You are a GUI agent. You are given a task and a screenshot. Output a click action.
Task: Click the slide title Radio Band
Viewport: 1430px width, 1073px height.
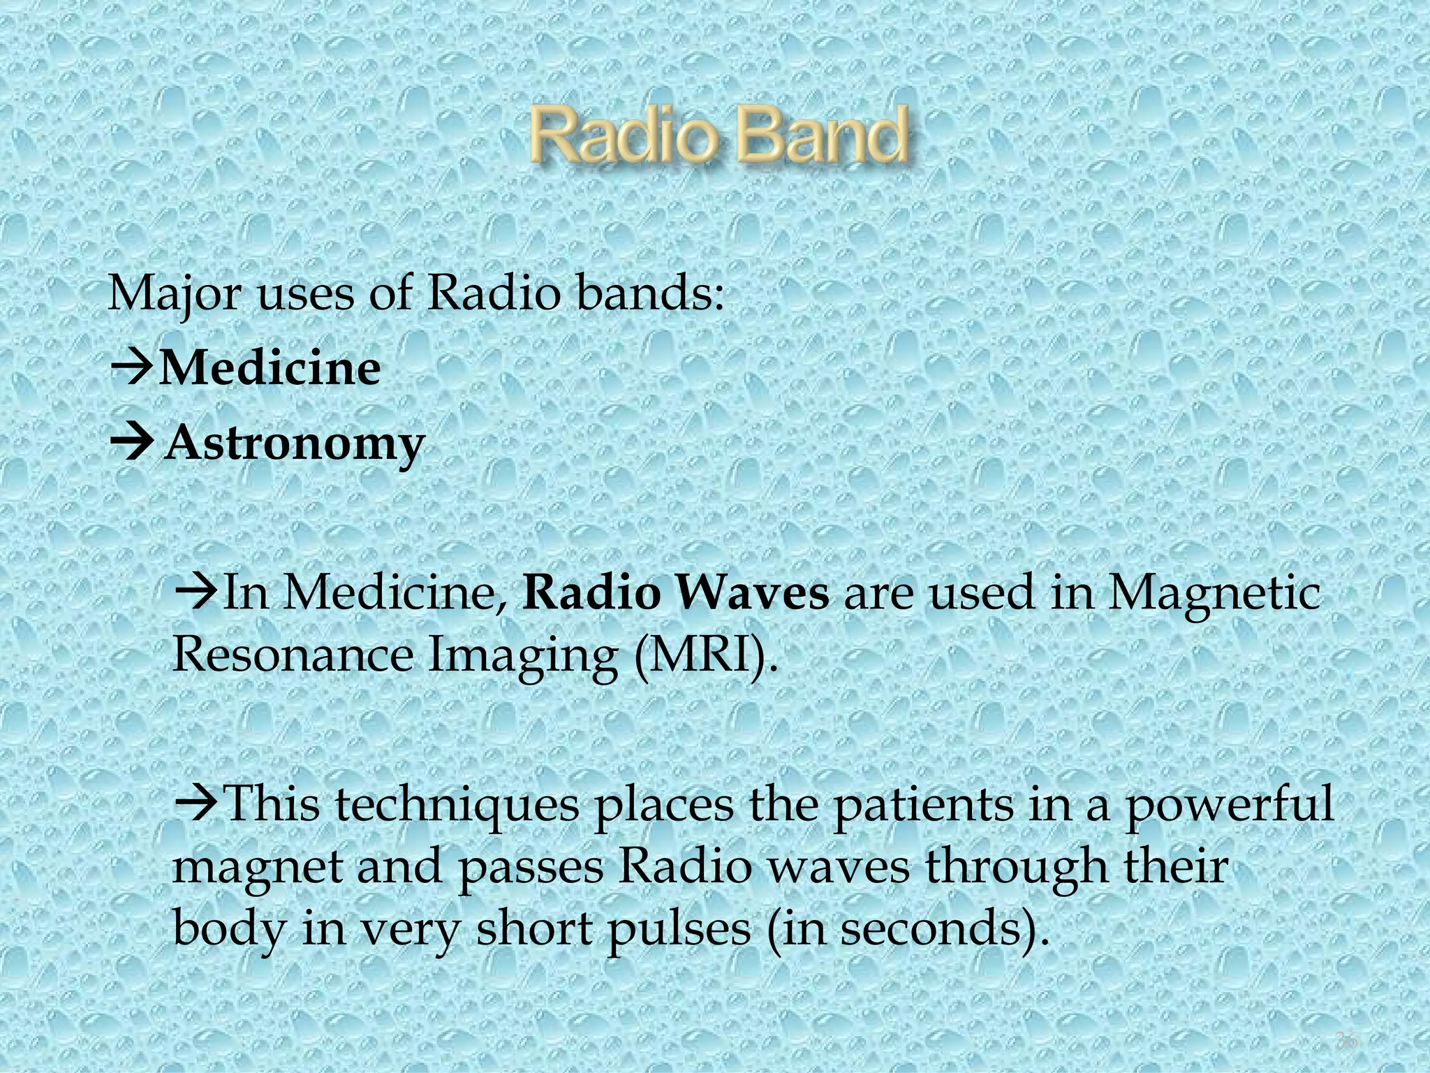click(x=719, y=136)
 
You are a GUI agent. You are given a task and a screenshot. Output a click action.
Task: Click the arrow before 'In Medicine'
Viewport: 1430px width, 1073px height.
click(x=196, y=594)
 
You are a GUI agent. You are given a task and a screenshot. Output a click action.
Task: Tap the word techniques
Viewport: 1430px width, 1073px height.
click(x=457, y=805)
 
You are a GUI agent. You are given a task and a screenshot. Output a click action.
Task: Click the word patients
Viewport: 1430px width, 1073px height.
click(x=923, y=805)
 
